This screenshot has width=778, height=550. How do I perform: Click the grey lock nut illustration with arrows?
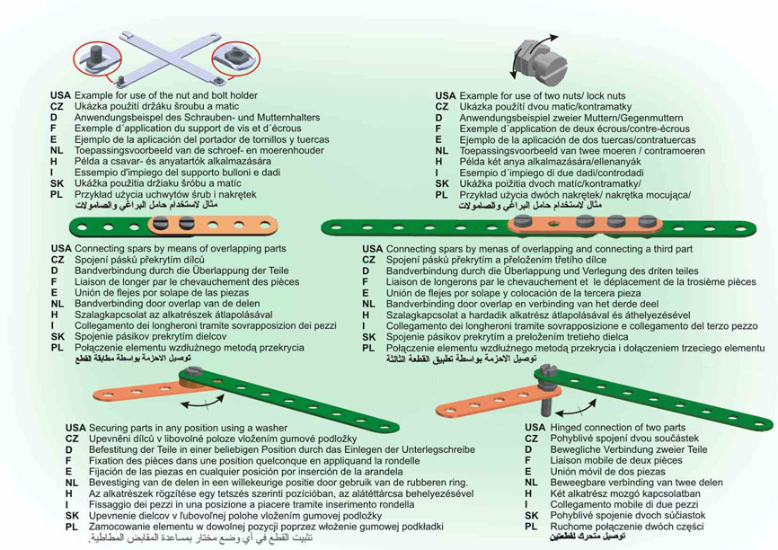pos(545,56)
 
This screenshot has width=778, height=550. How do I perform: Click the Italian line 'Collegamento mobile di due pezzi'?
pos(619,505)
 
